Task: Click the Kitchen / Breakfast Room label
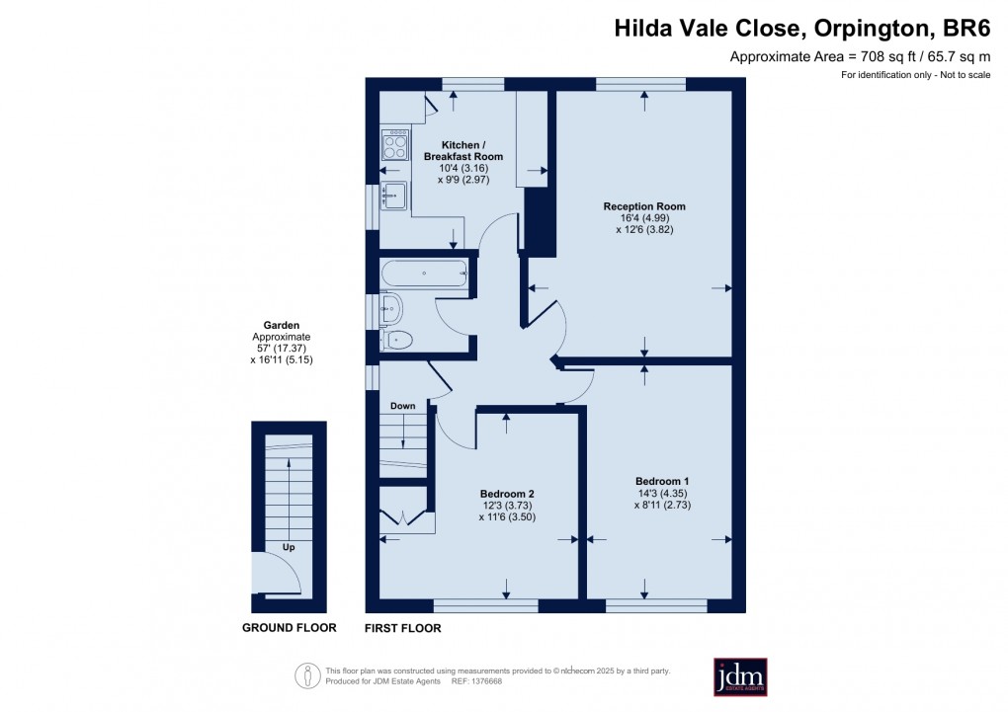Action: tap(463, 150)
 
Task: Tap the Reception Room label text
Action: tap(644, 206)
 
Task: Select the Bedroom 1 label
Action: tap(661, 481)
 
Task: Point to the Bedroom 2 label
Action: tap(507, 493)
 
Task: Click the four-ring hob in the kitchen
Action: tap(395, 146)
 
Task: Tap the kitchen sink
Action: tap(395, 195)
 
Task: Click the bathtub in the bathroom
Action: tap(422, 273)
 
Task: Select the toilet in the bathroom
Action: tap(396, 341)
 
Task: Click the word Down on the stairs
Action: tap(402, 406)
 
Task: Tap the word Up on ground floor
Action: tap(289, 546)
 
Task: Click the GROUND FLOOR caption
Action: tap(290, 628)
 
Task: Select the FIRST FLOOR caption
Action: tap(403, 628)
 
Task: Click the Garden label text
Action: tap(281, 325)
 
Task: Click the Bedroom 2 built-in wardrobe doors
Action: tap(405, 515)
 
